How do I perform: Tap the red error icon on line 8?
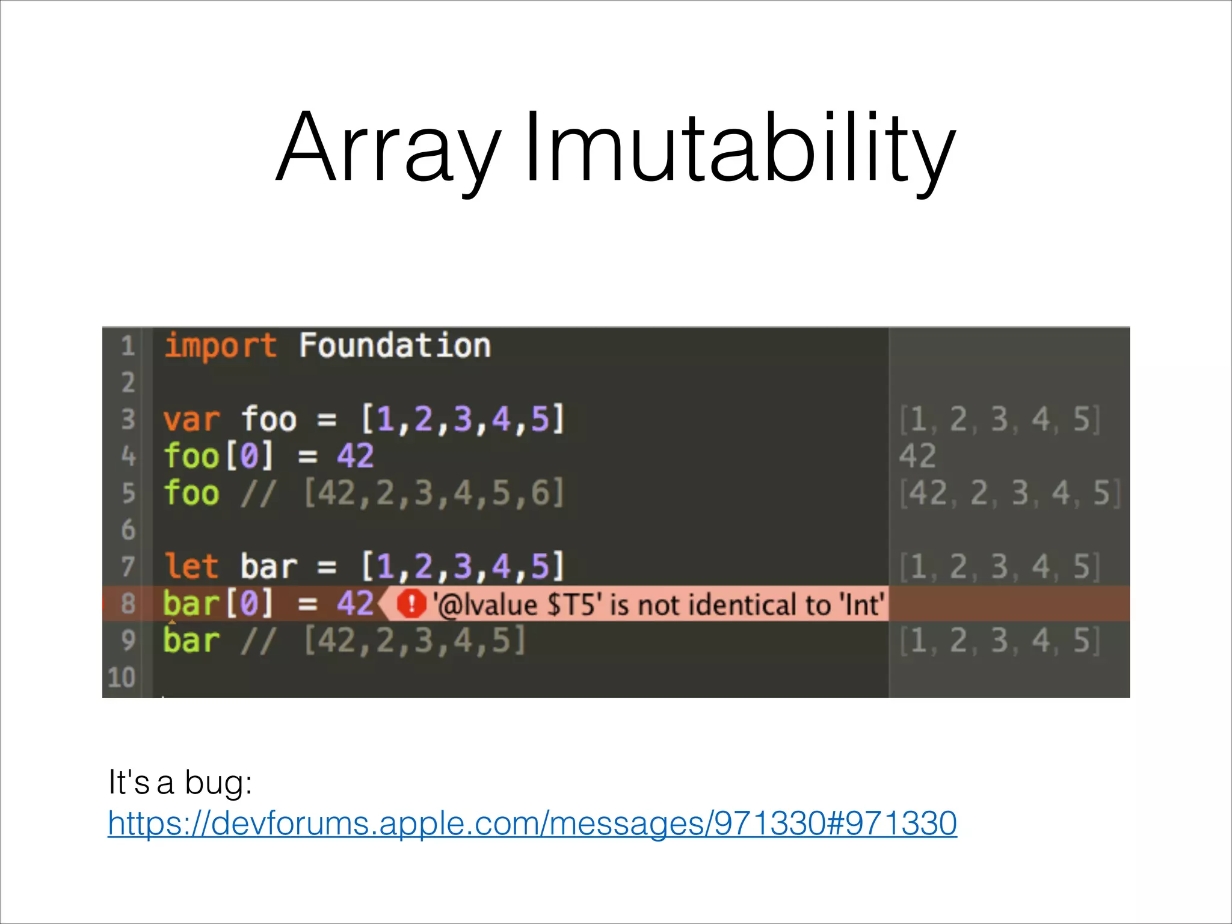click(x=412, y=603)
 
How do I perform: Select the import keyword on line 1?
click(x=220, y=346)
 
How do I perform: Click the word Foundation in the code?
click(x=395, y=346)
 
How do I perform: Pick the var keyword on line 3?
click(x=191, y=419)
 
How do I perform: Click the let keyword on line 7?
click(x=191, y=566)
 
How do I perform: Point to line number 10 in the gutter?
click(x=122, y=677)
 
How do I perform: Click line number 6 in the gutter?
click(x=128, y=530)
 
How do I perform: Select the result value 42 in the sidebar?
click(x=917, y=456)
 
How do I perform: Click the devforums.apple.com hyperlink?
click(x=532, y=823)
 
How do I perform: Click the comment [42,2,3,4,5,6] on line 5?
click(x=434, y=493)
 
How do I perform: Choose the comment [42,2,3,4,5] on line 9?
click(x=414, y=640)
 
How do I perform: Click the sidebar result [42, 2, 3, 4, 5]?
click(x=1009, y=493)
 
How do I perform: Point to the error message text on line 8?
click(x=659, y=604)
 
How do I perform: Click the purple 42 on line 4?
click(x=355, y=456)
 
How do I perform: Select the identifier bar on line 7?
click(x=269, y=566)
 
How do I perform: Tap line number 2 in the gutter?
click(x=128, y=383)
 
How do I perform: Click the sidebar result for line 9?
click(x=999, y=640)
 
